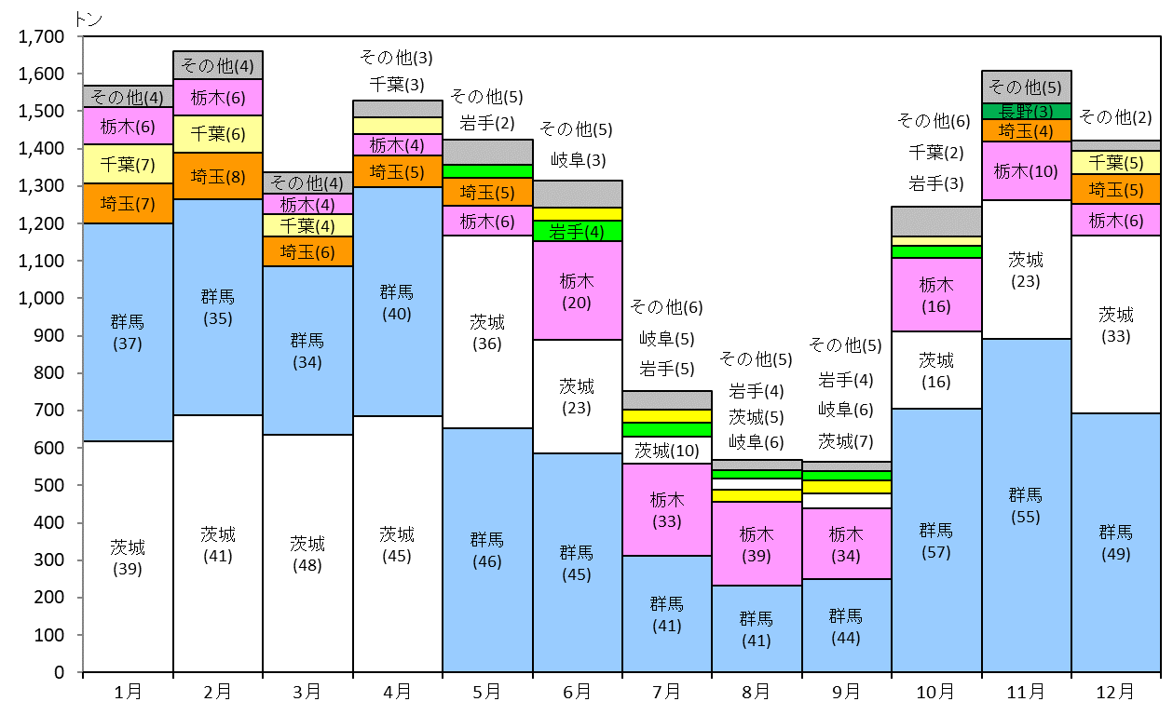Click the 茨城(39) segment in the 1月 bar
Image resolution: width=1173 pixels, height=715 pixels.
tap(128, 557)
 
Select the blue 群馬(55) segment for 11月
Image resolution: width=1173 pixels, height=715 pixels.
tap(1026, 506)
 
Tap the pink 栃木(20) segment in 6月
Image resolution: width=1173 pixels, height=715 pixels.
tap(577, 290)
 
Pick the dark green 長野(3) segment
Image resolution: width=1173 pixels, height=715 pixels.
tap(1026, 111)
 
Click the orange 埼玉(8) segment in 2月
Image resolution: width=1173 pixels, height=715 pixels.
tap(218, 176)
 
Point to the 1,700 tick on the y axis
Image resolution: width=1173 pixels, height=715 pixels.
tap(41, 36)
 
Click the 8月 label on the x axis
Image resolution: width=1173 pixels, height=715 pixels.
tap(756, 692)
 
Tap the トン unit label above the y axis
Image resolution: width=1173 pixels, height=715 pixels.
tap(88, 19)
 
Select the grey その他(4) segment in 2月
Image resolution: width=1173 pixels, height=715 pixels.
tap(218, 65)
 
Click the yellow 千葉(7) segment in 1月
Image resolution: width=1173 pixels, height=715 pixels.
tap(128, 164)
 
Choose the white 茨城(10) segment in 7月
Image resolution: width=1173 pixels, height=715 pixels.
tap(666, 451)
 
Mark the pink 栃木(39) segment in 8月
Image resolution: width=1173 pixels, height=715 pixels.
tap(757, 544)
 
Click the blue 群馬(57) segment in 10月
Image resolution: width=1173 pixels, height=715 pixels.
tap(936, 540)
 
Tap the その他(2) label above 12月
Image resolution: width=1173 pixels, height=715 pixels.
tap(1115, 116)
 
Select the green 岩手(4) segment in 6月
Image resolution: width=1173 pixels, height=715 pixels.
tap(577, 231)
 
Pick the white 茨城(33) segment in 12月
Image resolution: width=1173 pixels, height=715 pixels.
tap(1116, 325)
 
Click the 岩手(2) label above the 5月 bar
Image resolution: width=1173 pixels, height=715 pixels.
tap(487, 123)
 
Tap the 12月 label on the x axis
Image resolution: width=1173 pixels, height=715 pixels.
tap(1115, 692)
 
